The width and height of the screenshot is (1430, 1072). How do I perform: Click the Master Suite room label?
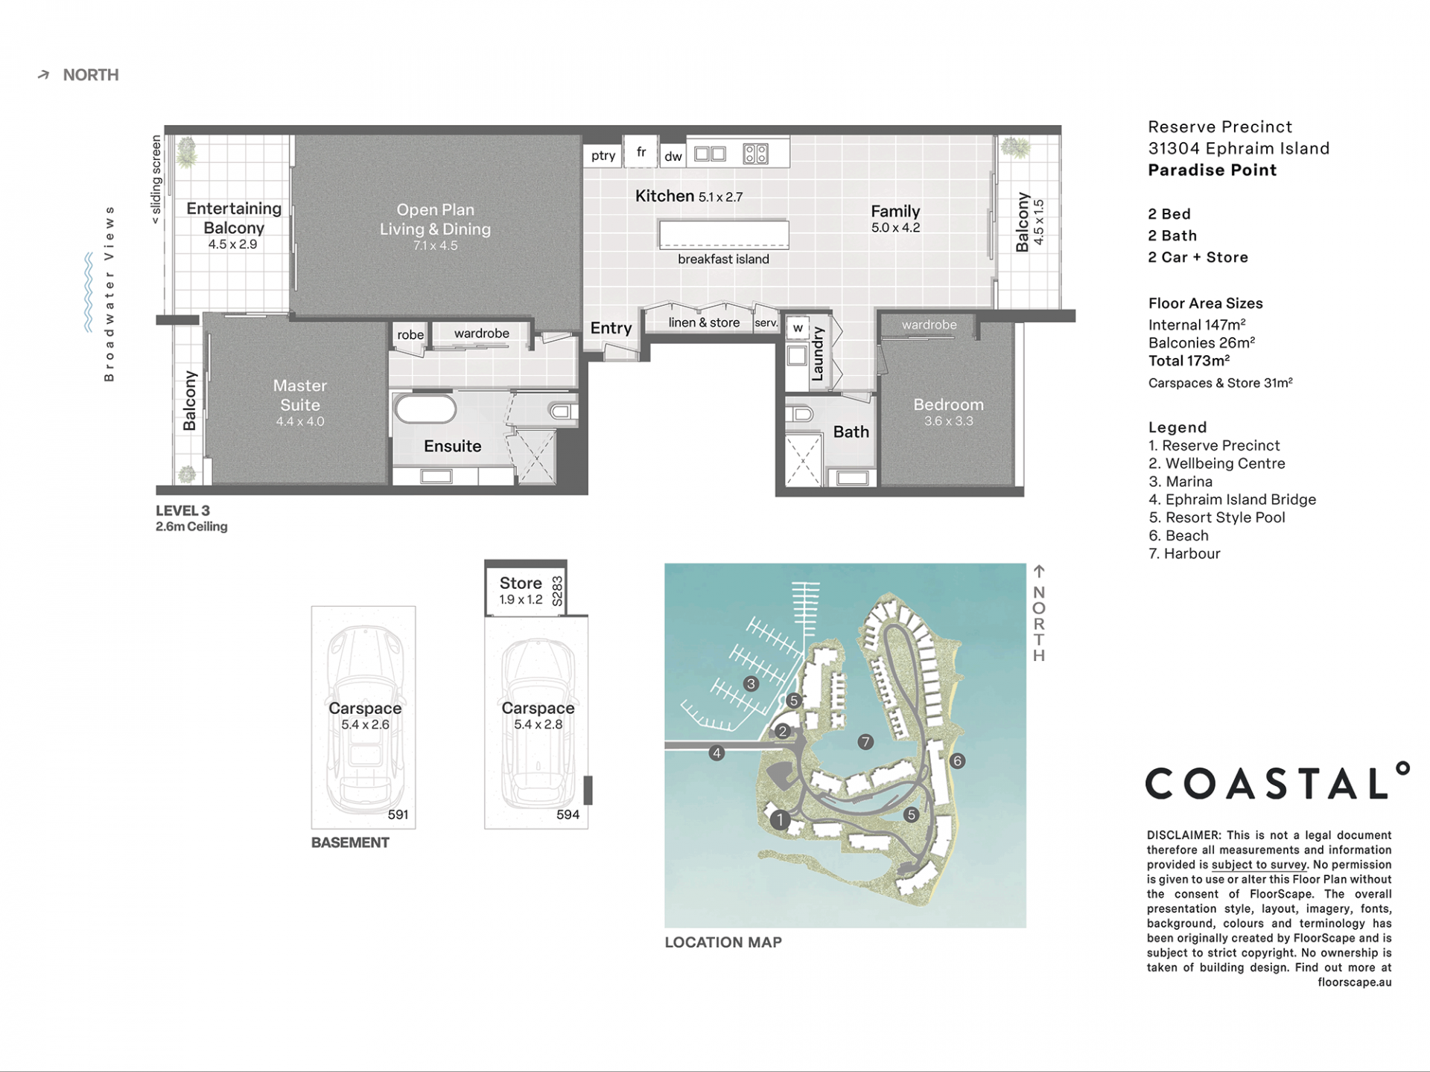300,395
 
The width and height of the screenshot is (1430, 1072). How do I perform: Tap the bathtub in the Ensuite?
425,409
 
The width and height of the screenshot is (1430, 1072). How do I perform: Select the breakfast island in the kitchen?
724,234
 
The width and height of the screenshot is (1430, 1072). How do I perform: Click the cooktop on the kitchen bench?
755,154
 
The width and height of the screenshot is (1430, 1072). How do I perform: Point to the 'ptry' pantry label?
603,156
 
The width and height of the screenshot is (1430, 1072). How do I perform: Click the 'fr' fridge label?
641,152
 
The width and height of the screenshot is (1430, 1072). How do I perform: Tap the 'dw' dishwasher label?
673,156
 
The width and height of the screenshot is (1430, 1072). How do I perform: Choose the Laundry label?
818,354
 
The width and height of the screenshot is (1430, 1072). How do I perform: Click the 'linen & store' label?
704,322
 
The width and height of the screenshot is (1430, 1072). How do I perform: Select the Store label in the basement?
521,583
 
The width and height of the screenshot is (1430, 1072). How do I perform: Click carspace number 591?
398,814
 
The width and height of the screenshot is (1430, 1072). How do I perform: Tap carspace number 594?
568,814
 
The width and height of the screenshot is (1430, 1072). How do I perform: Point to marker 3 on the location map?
751,683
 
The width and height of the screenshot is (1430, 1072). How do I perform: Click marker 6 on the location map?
958,761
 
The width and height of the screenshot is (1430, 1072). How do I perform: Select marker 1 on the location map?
780,820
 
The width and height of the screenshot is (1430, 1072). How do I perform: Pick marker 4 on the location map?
716,753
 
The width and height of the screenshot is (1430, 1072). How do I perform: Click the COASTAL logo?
1277,781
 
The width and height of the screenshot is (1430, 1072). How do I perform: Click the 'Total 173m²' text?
1189,361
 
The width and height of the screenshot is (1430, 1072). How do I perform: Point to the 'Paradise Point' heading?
1213,170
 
